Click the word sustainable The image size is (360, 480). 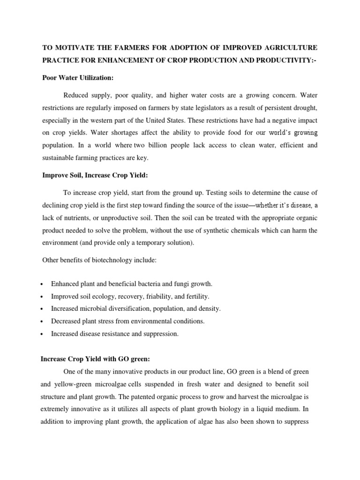pos(60,158)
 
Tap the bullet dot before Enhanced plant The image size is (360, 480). pos(43,285)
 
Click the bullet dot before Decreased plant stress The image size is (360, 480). pos(43,322)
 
